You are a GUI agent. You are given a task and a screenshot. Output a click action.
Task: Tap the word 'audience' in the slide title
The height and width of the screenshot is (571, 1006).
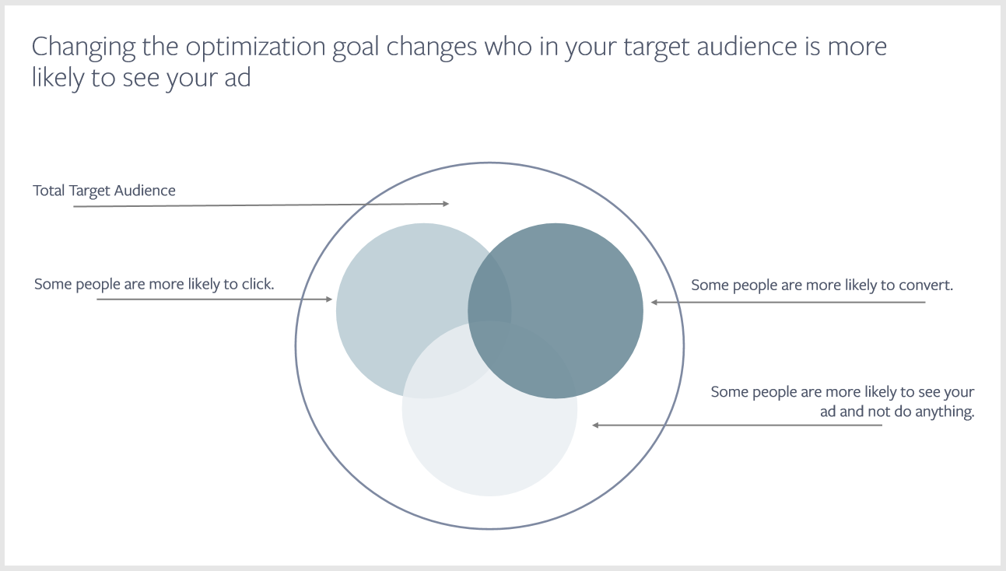(746, 46)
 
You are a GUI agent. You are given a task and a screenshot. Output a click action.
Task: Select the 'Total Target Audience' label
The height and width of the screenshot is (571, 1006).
(103, 191)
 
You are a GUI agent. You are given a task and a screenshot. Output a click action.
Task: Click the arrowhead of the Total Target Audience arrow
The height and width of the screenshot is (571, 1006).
(446, 204)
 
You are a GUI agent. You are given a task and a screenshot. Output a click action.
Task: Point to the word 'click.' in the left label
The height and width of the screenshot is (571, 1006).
(258, 284)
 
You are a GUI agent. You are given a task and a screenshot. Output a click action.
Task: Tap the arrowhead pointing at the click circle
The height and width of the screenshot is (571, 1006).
(329, 299)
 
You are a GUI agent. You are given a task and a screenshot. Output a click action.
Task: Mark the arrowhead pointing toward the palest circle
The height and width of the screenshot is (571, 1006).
(595, 425)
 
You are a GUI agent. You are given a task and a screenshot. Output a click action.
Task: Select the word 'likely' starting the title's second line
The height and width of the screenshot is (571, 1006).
(58, 78)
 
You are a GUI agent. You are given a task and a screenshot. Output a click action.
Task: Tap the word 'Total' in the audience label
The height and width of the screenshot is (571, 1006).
(48, 191)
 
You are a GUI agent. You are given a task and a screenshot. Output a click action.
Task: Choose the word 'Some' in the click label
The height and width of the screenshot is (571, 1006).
(53, 284)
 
